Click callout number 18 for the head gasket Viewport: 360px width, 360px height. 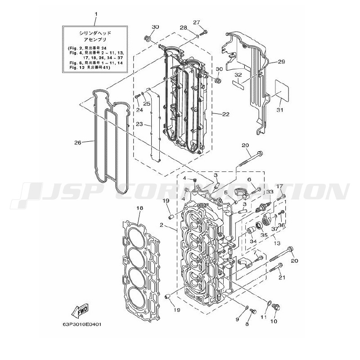[x=139, y=208]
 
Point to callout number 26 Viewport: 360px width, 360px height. [x=77, y=143]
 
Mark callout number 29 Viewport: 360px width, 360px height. [x=281, y=62]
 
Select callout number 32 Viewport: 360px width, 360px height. [x=238, y=75]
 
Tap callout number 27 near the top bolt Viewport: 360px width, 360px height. [x=196, y=22]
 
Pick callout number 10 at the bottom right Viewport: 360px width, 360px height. [x=274, y=321]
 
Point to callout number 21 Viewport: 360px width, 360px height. [x=282, y=277]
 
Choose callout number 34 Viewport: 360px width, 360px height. [x=253, y=242]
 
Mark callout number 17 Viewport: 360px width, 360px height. [x=279, y=186]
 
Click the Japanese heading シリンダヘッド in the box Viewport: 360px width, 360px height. [x=95, y=33]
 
